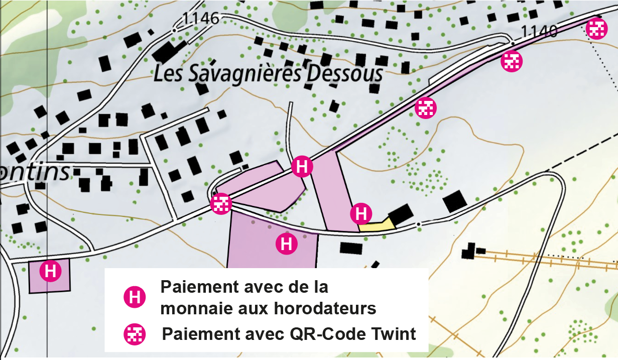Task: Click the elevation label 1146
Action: [x=201, y=19]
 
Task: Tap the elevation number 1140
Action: [x=539, y=32]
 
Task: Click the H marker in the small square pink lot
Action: [x=50, y=271]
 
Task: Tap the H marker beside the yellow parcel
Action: [x=361, y=213]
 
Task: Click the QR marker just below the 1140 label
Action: [x=512, y=61]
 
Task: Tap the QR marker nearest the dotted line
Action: [x=596, y=28]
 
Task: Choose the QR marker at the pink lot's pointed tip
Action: [x=220, y=204]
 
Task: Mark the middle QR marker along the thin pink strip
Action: [x=426, y=107]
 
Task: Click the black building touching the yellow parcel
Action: [x=401, y=214]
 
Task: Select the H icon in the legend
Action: [x=135, y=298]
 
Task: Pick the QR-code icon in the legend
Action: [x=135, y=334]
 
